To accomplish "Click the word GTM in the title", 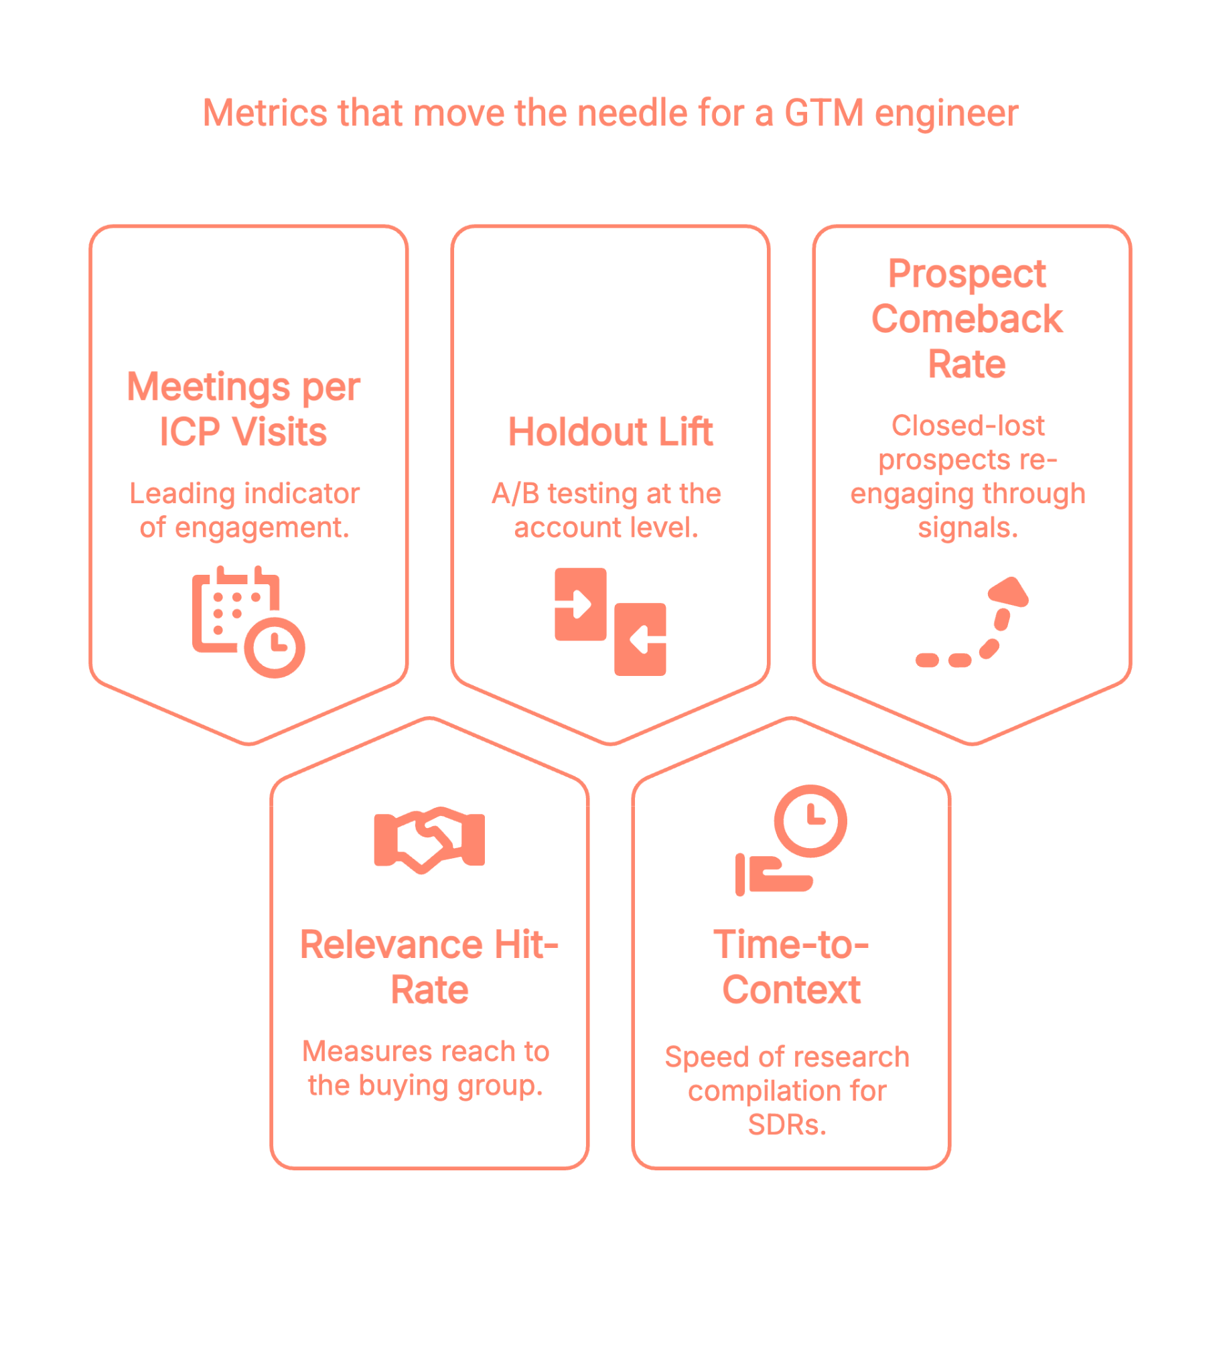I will click(x=824, y=113).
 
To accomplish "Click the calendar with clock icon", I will click(x=248, y=622).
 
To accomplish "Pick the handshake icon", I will click(x=429, y=839).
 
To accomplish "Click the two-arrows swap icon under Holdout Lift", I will click(x=610, y=622).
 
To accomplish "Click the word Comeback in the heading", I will click(x=966, y=319).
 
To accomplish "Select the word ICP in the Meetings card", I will click(x=190, y=431).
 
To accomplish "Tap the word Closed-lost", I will click(x=967, y=425).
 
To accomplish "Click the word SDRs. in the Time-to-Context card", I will click(x=787, y=1125).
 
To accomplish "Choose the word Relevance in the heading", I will click(x=390, y=945).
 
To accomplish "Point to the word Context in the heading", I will click(x=791, y=990).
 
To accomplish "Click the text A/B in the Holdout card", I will click(x=515, y=494).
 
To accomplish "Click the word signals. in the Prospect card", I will click(x=967, y=528).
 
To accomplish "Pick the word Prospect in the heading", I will click(x=966, y=274).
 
